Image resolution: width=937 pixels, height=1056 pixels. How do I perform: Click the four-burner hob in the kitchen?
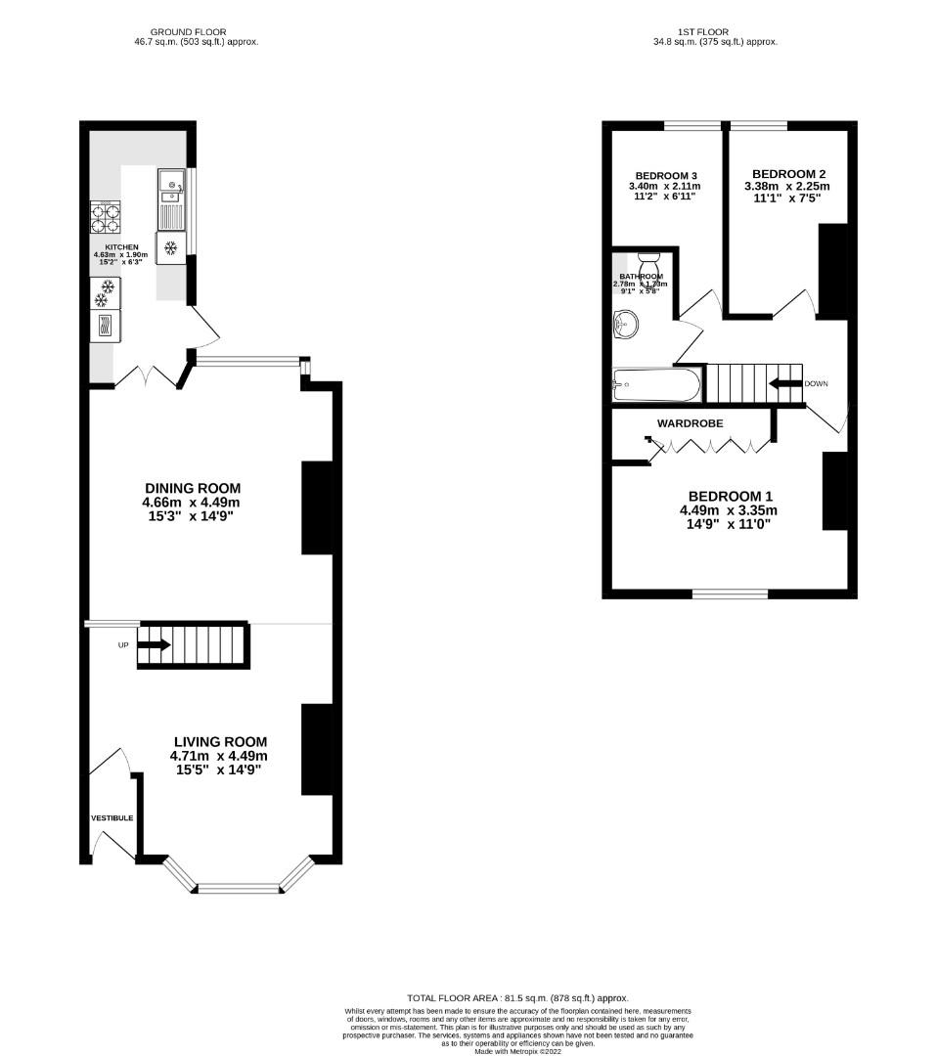105,216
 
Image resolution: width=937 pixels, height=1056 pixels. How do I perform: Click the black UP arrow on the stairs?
154,645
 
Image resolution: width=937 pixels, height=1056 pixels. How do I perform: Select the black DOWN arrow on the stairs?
784,383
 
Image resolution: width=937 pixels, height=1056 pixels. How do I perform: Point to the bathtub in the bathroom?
656,384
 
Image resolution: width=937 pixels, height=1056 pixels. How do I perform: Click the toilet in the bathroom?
648,264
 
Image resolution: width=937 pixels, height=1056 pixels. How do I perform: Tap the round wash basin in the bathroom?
624,324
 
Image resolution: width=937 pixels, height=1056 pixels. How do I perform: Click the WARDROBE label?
690,424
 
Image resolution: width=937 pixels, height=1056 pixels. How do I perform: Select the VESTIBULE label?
112,817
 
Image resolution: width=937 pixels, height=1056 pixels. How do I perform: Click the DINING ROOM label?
192,489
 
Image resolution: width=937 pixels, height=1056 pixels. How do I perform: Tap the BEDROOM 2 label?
786,173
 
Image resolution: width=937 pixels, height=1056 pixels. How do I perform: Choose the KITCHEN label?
122,247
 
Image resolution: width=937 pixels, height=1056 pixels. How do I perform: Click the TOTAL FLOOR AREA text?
518,998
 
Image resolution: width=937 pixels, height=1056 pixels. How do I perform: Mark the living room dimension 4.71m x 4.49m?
218,756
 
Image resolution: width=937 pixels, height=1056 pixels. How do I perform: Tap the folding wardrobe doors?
709,447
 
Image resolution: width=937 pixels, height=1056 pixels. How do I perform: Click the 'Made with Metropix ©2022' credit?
518,1051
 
